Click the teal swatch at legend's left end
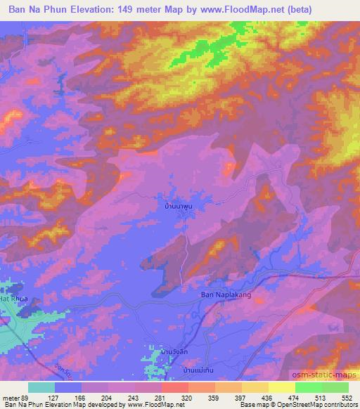point(41,387)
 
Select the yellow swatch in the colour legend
point(281,387)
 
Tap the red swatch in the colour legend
point(174,387)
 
